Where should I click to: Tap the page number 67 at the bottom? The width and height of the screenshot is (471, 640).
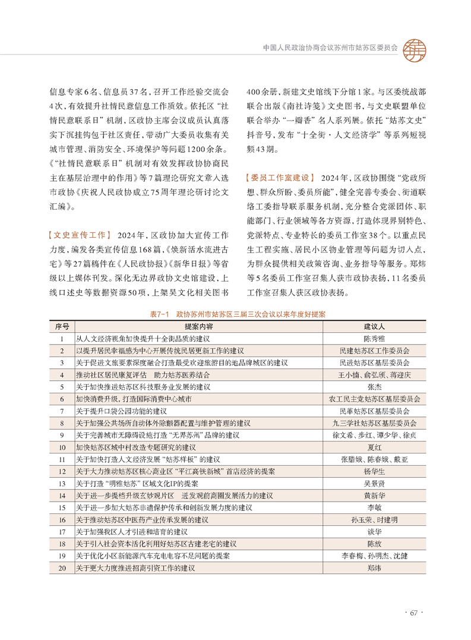point(415,613)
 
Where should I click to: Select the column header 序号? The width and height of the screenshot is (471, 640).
point(62,327)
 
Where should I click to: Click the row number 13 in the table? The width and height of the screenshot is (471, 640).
point(62,484)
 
